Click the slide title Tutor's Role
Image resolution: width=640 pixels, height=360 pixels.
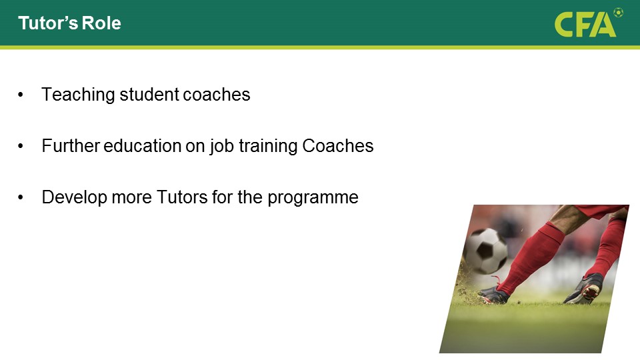pos(69,23)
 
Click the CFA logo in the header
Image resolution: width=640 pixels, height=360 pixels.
pos(585,25)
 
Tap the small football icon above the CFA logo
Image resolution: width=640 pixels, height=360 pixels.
pos(619,13)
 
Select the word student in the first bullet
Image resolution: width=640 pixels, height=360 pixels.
pos(149,95)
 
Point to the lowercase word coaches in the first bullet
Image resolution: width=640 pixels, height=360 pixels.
pos(216,95)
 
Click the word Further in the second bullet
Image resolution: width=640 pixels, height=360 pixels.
pos(71,146)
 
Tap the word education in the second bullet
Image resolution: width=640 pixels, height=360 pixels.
pos(143,146)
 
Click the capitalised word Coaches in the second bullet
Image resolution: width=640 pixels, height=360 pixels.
pos(338,146)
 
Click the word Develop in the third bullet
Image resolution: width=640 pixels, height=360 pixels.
pos(74,198)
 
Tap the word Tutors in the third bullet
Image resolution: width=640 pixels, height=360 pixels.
pos(182,197)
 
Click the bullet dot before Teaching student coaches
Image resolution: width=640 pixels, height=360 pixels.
pos(21,95)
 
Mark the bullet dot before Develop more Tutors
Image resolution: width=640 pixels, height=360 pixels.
pos(21,198)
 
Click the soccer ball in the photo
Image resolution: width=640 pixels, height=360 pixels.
pos(486,250)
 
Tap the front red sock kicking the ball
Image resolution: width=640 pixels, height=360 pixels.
pos(531,257)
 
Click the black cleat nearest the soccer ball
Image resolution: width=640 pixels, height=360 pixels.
pos(495,295)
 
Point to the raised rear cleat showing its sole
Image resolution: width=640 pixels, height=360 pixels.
pos(585,289)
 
